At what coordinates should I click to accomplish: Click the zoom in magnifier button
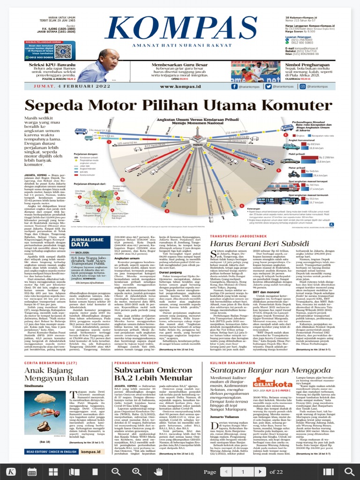pos(136,472)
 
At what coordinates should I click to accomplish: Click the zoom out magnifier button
pos(116,472)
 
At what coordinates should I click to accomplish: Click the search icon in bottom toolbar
pos(349,472)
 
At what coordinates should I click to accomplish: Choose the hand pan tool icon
pos(158,472)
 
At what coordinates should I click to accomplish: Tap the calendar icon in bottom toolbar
pos(32,472)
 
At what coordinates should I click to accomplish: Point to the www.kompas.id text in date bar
pos(180,86)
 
